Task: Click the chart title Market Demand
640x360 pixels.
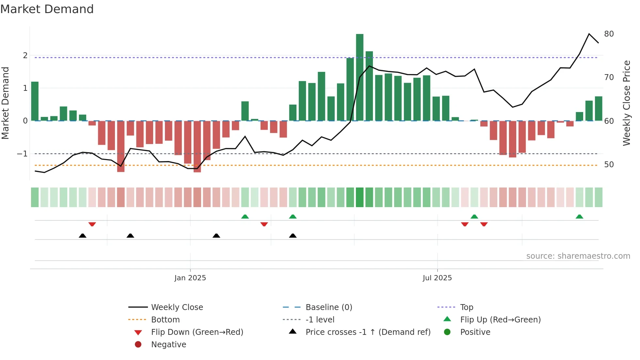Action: click(47, 9)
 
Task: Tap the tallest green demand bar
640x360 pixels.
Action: click(360, 77)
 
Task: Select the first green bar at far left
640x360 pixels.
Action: click(35, 101)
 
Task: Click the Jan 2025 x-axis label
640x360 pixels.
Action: click(190, 278)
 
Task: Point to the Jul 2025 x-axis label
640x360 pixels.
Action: click(437, 278)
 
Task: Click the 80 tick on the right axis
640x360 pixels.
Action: click(609, 34)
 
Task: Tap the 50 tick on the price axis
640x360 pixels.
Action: click(609, 165)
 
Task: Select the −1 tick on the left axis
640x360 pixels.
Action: click(22, 154)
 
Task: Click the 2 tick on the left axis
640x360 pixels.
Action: click(25, 56)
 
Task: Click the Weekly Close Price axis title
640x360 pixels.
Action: click(626, 103)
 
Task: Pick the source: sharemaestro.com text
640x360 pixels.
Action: click(578, 256)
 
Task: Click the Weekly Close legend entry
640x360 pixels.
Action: click(177, 307)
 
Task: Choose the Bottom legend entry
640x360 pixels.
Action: click(165, 320)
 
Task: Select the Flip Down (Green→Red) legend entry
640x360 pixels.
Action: click(197, 332)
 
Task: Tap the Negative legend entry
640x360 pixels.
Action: click(168, 345)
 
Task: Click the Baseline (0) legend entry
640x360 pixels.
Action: click(328, 307)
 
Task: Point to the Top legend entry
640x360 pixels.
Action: click(466, 307)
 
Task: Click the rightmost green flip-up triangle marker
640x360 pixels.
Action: click(579, 217)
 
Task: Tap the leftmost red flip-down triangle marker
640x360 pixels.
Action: click(92, 224)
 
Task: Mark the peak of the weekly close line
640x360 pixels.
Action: click(589, 34)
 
